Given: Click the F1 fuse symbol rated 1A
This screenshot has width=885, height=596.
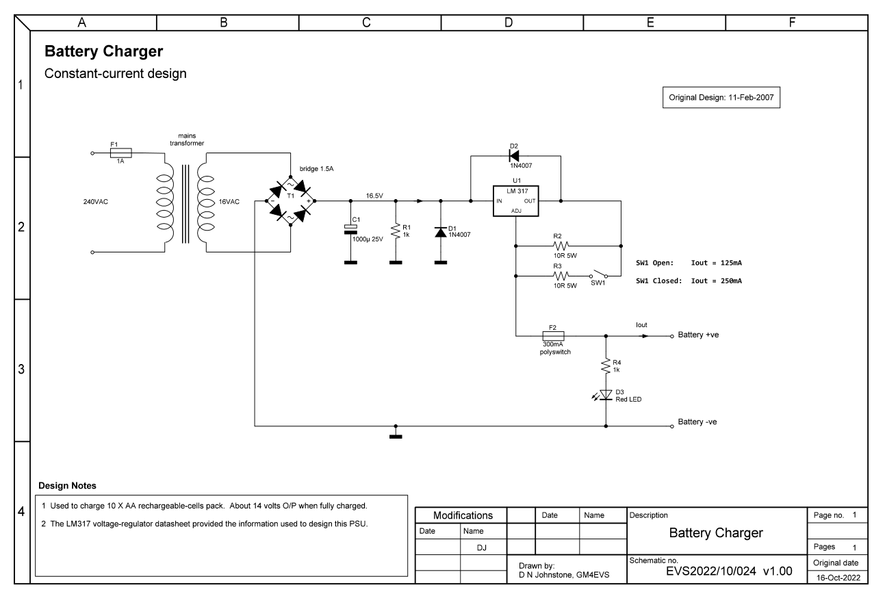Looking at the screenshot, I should coord(120,153).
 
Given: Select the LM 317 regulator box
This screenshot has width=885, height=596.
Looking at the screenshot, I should coord(515,201).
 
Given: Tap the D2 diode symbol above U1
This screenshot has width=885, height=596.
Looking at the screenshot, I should coord(515,155).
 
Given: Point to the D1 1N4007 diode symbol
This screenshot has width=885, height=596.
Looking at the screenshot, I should coord(440,233).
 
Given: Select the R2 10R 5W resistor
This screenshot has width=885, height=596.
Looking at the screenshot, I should coord(562,245).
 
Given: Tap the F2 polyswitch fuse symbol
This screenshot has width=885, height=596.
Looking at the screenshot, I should coord(552,336).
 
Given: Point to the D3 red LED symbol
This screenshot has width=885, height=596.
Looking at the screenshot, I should coord(606,395).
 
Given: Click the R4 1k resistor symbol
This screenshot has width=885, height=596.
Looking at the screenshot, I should coord(606,365).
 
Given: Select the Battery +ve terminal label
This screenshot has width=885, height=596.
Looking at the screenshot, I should coord(697,335).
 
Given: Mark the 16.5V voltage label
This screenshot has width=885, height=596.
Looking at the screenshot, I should coord(374,195).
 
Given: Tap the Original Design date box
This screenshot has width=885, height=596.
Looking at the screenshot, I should coord(721,98).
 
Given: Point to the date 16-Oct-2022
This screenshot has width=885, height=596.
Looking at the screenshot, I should coord(839,578).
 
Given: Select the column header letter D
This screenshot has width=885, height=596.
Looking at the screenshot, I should coord(509,22).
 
